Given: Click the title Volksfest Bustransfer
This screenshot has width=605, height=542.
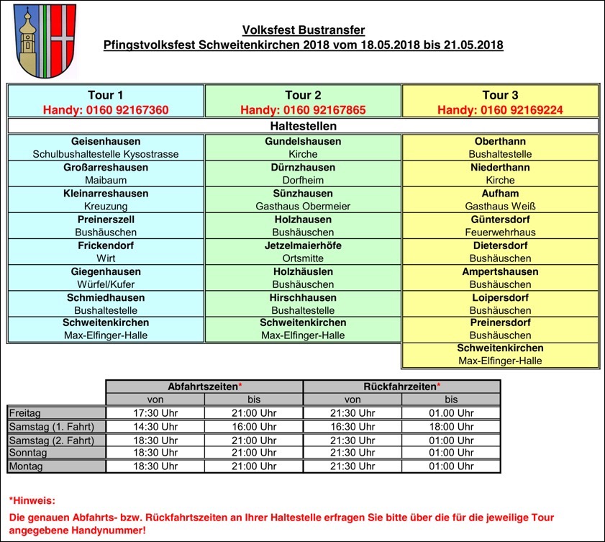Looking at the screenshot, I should tap(303, 30).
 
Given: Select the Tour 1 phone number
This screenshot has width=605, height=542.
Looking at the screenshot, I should tap(106, 110).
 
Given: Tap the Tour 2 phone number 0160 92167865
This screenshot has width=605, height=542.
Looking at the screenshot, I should tap(303, 110).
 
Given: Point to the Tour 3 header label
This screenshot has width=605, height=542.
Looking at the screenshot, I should tap(500, 95).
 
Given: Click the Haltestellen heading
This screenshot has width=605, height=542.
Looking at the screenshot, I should tap(303, 126).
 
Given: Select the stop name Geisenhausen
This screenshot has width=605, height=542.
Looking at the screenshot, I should tap(106, 142).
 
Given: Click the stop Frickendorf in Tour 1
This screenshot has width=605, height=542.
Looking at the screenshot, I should tap(106, 245).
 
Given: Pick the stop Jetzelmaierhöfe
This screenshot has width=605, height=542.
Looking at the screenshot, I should tap(303, 245).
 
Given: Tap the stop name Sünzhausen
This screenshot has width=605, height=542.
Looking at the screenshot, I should tap(303, 194).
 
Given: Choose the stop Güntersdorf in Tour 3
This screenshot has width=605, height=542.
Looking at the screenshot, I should tap(500, 220).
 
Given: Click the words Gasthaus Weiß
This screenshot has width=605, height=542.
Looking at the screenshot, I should tap(500, 207).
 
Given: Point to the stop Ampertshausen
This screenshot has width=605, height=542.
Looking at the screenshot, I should tap(500, 271).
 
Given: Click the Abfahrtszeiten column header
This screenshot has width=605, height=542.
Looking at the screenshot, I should tap(204, 387).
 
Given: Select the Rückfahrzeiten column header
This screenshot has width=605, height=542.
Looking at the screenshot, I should tap(401, 387).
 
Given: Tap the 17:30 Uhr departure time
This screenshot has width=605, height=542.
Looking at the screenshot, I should tap(155, 412).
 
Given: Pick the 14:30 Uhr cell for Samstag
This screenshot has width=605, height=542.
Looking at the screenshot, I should tap(155, 426).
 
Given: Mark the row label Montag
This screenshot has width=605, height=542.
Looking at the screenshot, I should tap(26, 466).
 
